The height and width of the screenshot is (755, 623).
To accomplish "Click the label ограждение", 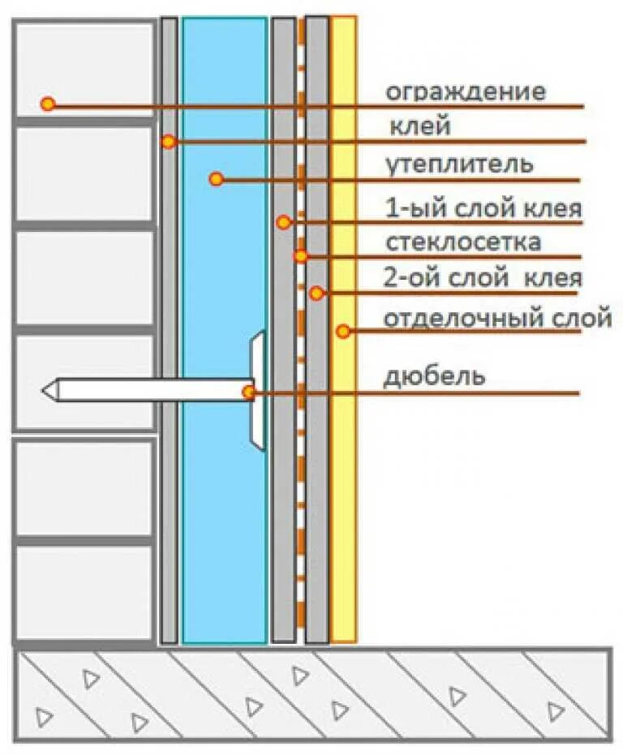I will [x=465, y=92].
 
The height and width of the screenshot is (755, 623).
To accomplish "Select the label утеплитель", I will [x=459, y=165].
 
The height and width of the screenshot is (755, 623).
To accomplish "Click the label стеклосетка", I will [x=463, y=242].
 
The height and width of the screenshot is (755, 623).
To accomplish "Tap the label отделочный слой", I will [x=496, y=318].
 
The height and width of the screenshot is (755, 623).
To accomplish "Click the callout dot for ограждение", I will [x=48, y=104].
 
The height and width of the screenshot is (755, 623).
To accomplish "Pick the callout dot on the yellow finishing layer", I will [x=343, y=331].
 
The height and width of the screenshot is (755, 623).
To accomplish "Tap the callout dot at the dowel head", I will [x=249, y=393].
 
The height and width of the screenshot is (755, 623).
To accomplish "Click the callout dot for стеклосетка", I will [x=301, y=256].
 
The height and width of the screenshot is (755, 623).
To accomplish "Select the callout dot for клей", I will [x=168, y=142].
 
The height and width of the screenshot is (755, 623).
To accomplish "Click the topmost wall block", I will [x=84, y=69].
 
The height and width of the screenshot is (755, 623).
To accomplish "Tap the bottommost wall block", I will [x=84, y=591].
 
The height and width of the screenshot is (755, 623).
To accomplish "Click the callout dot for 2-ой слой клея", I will [x=316, y=293].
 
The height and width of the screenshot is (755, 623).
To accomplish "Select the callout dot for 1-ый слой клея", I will [x=283, y=221].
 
